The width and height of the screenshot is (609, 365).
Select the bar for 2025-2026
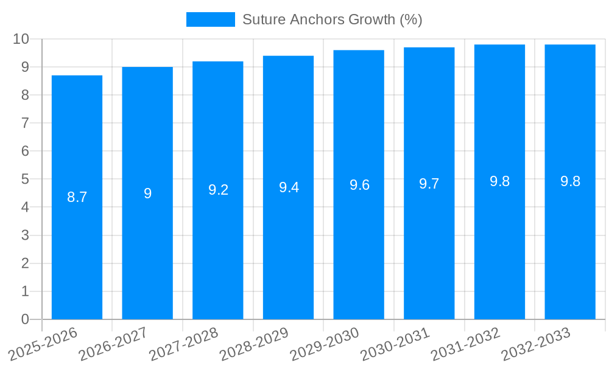point(77,255)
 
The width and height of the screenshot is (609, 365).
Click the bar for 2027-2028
point(218,255)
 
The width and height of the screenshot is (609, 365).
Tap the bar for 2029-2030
point(359,255)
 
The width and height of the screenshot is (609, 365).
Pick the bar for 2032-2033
point(570,255)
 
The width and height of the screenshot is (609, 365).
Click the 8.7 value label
point(77,197)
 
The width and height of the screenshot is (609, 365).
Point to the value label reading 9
point(147,193)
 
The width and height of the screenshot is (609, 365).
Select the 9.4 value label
point(289,187)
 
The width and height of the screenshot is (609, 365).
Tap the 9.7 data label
point(429,184)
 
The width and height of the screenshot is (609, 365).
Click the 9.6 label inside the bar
point(359,185)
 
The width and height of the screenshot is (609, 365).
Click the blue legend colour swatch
point(210,19)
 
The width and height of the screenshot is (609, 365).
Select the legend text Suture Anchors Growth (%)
point(332,19)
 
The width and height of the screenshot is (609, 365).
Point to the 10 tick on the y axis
point(21,39)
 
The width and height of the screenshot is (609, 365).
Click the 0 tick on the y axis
point(25,319)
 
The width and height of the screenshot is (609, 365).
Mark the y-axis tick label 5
point(25,179)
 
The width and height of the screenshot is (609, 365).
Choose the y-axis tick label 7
point(25,123)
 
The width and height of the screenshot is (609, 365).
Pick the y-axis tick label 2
point(25,263)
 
